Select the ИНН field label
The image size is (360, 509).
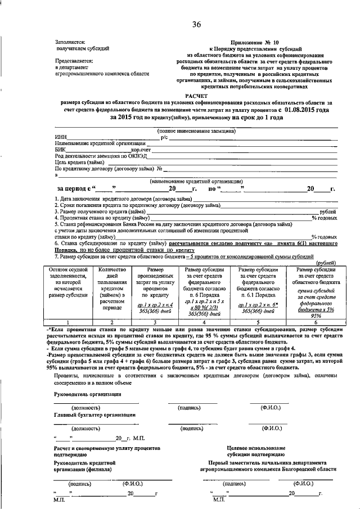(61, 138)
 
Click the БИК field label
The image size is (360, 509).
(61, 150)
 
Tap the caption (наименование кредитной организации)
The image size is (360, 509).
(196, 181)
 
